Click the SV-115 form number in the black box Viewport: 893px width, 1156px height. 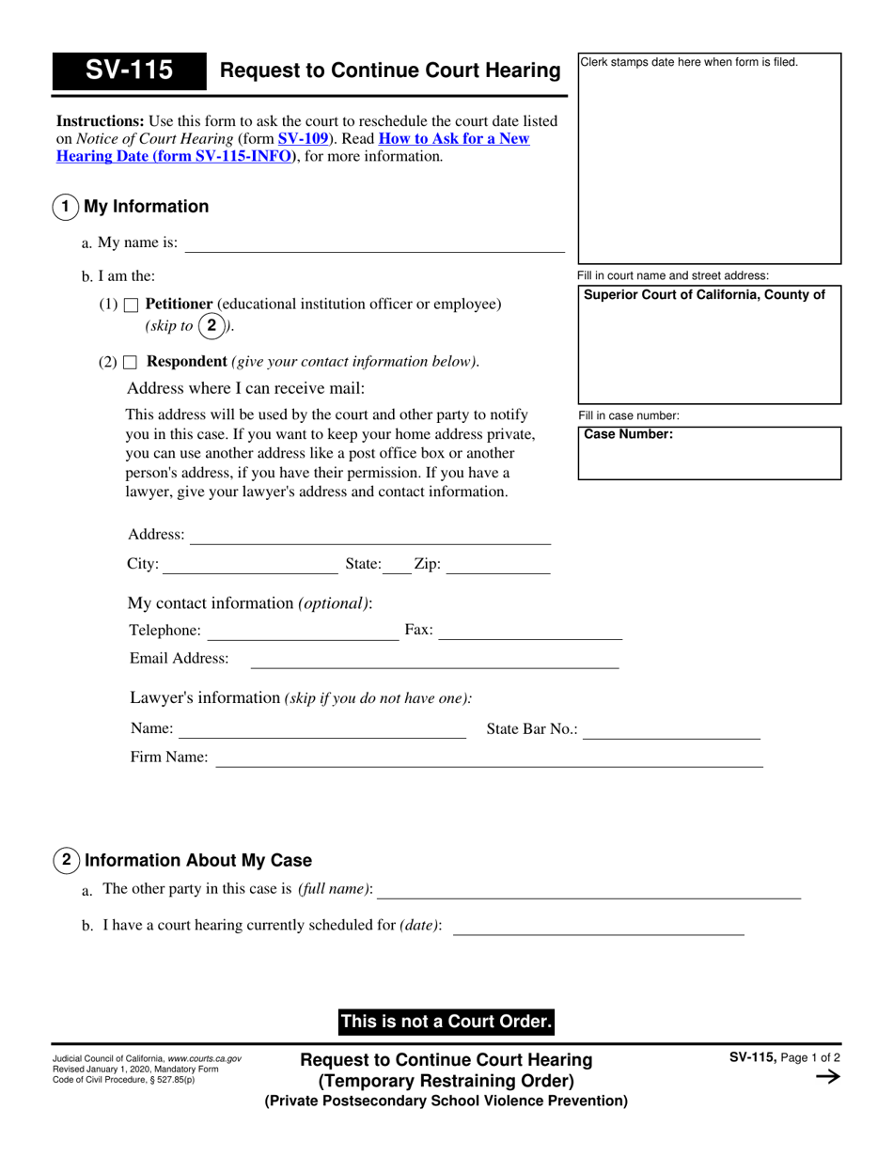[x=129, y=70]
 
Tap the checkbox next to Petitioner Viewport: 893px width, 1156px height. [x=132, y=305]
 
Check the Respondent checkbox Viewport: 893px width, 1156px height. [x=132, y=362]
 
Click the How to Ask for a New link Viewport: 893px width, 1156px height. [x=454, y=139]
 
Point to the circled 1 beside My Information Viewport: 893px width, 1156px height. [x=65, y=207]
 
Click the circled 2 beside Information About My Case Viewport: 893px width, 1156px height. [x=66, y=859]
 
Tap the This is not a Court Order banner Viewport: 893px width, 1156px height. [x=446, y=1022]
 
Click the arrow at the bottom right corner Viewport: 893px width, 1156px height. [x=827, y=1078]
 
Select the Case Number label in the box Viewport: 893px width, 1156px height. [x=629, y=435]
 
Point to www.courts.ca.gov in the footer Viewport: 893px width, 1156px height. [x=204, y=1059]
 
